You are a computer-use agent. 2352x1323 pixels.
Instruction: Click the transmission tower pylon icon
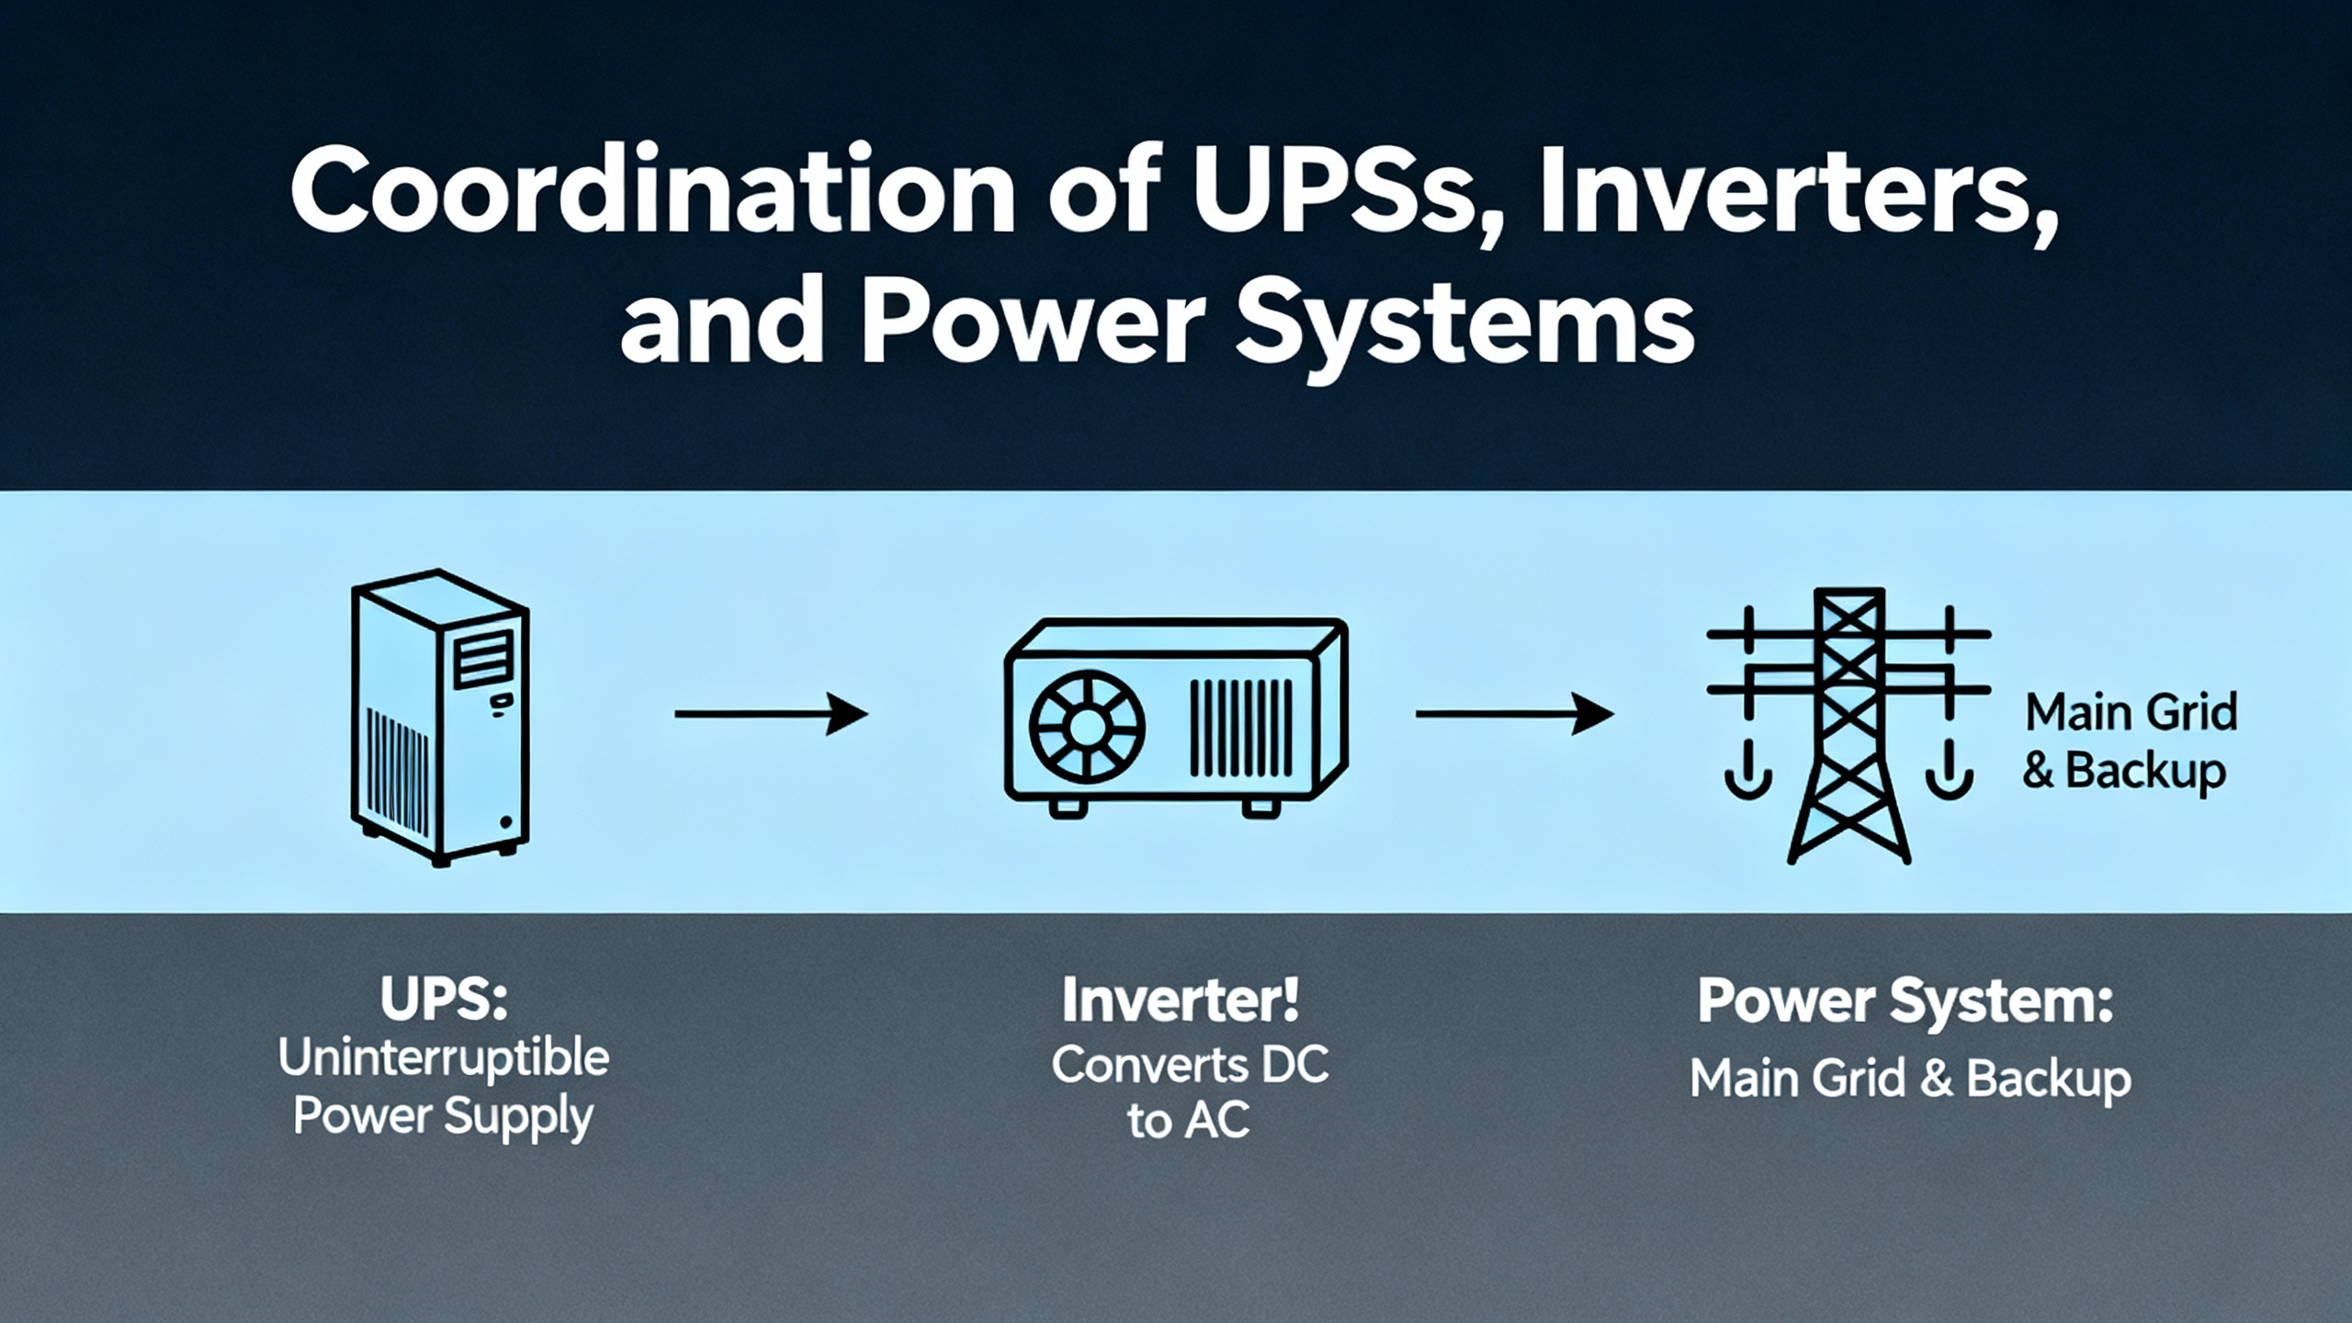pyautogui.click(x=1849, y=726)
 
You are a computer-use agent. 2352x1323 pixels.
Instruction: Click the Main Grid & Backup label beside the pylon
pyautogui.click(x=2130, y=741)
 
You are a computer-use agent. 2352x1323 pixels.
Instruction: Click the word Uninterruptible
pyautogui.click(x=444, y=1058)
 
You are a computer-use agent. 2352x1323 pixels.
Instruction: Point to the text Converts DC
pyautogui.click(x=1190, y=1065)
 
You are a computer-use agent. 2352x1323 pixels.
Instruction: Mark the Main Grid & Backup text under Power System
pyautogui.click(x=1910, y=1079)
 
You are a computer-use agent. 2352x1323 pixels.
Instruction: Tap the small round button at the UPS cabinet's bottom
pyautogui.click(x=504, y=822)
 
